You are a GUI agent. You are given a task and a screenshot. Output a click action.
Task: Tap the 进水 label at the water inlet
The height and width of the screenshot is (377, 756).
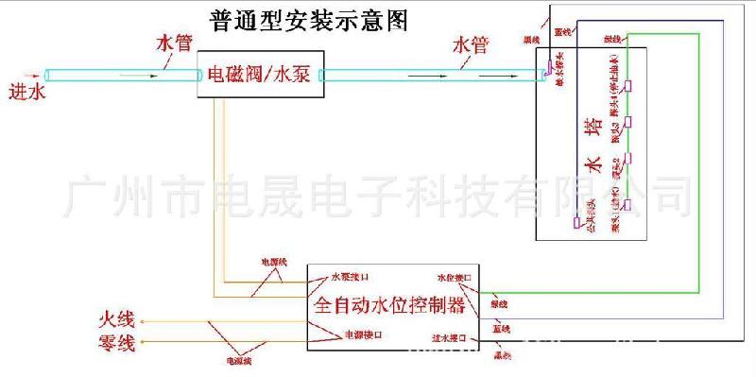click(26, 93)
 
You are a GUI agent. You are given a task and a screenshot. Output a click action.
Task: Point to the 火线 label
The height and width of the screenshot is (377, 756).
click(117, 320)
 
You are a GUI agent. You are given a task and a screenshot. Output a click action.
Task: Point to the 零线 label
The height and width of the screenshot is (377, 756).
click(117, 342)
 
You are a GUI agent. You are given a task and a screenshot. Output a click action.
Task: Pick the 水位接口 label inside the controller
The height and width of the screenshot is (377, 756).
click(454, 279)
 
